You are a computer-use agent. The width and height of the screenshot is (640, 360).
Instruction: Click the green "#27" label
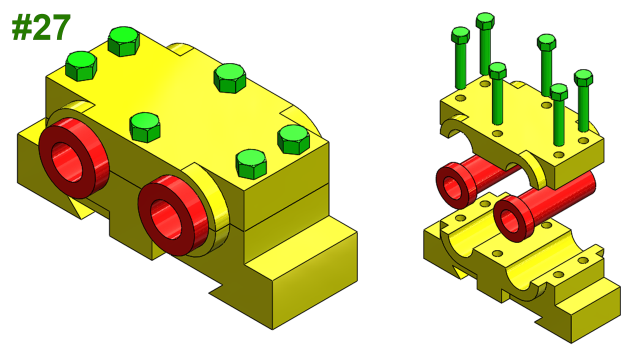[41, 28]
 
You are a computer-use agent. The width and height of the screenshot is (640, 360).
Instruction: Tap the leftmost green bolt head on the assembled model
[81, 65]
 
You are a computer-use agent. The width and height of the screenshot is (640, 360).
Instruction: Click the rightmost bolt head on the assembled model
[293, 139]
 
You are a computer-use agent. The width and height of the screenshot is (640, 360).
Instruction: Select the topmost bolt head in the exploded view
[485, 20]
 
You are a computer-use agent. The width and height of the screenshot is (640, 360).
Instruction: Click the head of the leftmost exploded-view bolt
[460, 35]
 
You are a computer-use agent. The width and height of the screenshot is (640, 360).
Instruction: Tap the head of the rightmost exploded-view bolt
[583, 77]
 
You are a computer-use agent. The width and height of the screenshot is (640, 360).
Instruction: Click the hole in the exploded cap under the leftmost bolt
[460, 98]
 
